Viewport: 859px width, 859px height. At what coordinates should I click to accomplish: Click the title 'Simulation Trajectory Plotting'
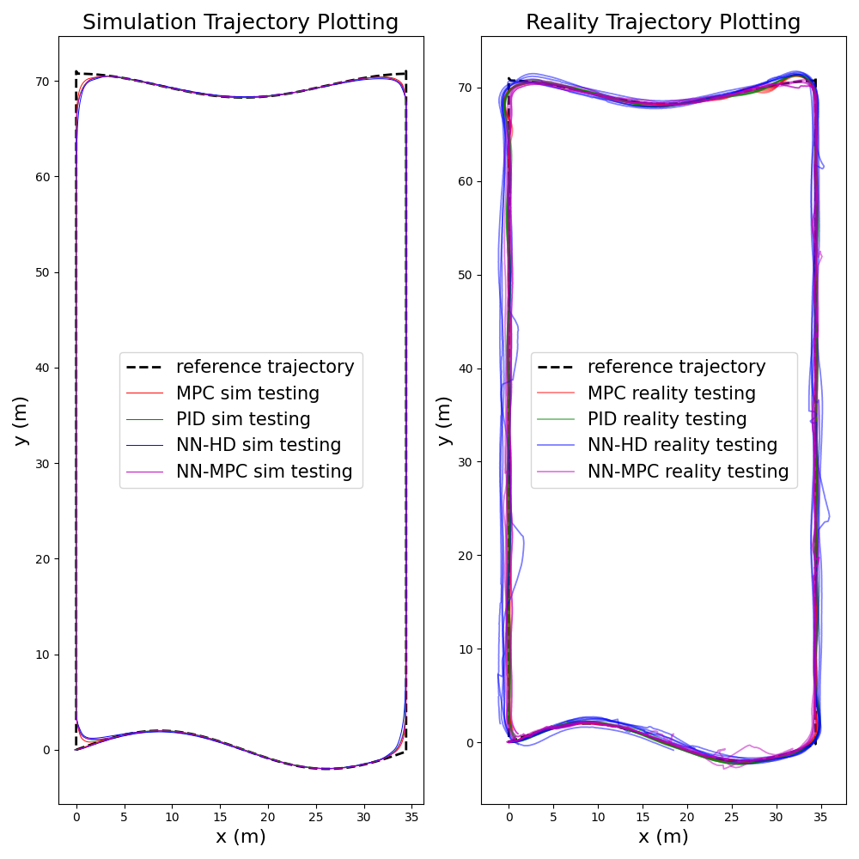241,22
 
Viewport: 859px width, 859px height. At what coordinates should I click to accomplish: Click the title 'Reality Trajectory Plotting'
663,22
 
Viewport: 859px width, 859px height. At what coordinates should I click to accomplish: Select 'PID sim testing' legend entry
243,419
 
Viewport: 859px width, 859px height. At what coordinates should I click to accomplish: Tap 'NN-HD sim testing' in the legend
259,445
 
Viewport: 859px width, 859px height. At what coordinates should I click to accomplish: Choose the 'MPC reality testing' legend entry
671,393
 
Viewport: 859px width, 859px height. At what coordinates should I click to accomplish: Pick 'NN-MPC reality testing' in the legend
687,472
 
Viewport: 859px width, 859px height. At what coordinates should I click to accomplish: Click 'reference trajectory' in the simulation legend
265,367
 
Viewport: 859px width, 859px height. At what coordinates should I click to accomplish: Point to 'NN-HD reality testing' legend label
682,445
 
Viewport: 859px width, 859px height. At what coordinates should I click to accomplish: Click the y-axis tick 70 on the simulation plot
42,81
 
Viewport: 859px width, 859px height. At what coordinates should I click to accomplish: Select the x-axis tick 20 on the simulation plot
268,817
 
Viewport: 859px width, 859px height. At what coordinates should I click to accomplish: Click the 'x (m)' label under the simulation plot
241,837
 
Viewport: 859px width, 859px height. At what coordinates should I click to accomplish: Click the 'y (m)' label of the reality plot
443,420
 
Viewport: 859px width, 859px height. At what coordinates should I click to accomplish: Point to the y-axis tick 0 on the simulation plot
46,750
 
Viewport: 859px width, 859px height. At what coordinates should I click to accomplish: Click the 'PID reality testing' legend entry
667,419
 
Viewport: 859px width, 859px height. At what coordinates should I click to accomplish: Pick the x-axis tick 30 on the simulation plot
364,817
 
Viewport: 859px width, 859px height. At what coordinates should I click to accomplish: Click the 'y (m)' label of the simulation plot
21,420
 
